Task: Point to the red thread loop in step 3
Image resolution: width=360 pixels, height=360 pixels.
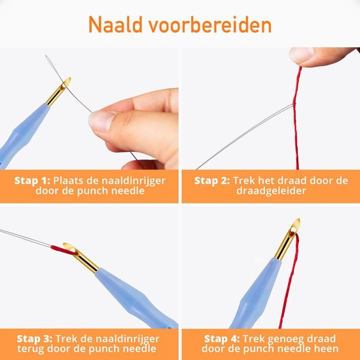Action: point(62,247)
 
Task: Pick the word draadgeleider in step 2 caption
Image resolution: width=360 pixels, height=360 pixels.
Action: point(270,193)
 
